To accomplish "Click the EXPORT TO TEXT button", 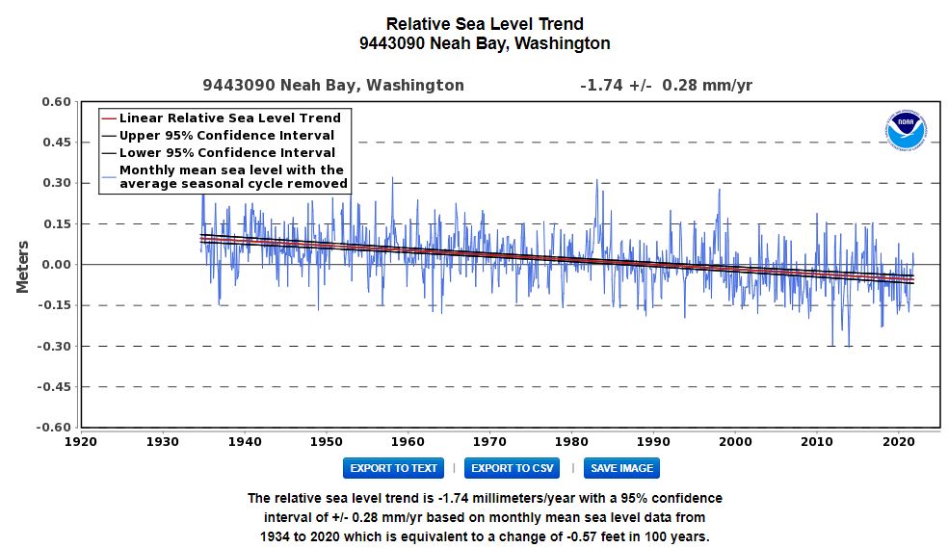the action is click(x=394, y=468).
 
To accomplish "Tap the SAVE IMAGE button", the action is click(x=621, y=468).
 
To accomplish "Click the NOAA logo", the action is click(x=906, y=130).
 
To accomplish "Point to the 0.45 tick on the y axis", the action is click(x=56, y=142).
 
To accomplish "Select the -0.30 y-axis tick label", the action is click(x=54, y=346).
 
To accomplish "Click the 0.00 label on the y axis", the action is click(x=56, y=265).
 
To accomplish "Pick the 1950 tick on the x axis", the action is click(x=327, y=442).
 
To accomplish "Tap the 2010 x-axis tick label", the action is click(x=816, y=442).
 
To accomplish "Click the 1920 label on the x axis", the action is click(x=81, y=442).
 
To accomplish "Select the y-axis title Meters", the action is click(x=22, y=267).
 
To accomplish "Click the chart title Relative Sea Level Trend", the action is click(x=485, y=24).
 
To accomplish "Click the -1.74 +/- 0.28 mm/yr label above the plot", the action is click(x=667, y=85).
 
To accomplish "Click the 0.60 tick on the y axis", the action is click(x=56, y=101).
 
